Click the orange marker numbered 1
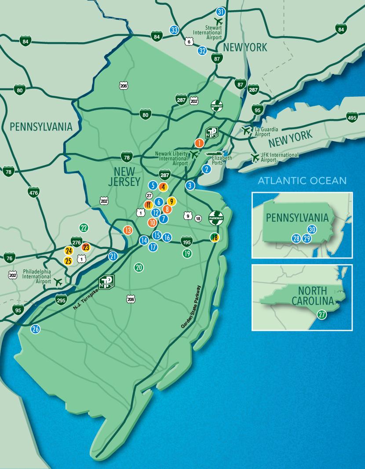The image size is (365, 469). point(199,143)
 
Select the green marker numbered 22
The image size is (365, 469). point(84,227)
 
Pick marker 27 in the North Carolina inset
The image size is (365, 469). point(321,314)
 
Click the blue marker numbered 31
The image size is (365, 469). point(221,11)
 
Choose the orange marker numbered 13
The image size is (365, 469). point(128,230)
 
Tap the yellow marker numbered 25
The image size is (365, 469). point(68,261)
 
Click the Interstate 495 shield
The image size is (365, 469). point(352,117)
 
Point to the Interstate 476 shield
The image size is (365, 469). point(34,192)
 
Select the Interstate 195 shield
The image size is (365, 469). point(186,241)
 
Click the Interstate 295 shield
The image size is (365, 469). point(61,301)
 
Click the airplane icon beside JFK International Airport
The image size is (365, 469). point(254,157)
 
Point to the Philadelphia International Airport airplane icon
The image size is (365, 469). point(58,281)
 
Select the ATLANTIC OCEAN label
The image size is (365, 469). point(302,180)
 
